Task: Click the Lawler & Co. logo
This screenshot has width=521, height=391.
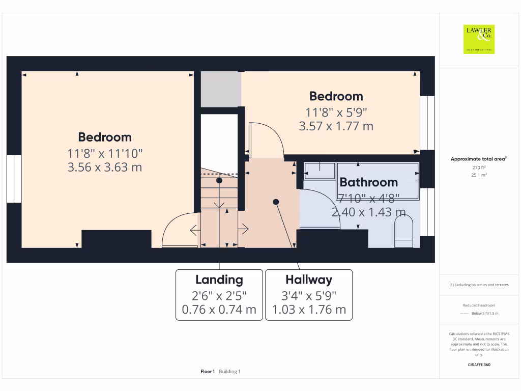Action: (x=479, y=39)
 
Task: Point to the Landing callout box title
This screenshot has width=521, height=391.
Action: (x=219, y=280)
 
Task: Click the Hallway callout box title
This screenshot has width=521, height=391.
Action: (x=308, y=280)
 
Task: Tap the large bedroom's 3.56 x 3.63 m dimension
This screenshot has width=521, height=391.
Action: (x=105, y=167)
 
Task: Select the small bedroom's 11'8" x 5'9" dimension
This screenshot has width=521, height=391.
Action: (x=336, y=112)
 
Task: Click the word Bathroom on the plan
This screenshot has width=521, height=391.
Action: (x=368, y=182)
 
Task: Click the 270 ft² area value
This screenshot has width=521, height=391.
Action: (x=479, y=167)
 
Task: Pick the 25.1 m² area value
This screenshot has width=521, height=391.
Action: (x=479, y=175)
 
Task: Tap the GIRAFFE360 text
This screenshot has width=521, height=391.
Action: (x=479, y=365)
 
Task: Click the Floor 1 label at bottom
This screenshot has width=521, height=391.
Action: (x=208, y=372)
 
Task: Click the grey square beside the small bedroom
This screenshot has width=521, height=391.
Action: (x=220, y=89)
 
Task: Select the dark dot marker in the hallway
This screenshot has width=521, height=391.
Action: (x=276, y=202)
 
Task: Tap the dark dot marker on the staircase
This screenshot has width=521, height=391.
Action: (x=219, y=180)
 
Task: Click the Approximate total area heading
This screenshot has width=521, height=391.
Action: (x=478, y=159)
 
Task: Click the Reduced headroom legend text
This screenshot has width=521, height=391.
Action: (x=479, y=305)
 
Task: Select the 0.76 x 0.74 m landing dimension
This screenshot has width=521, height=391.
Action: (x=219, y=310)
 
